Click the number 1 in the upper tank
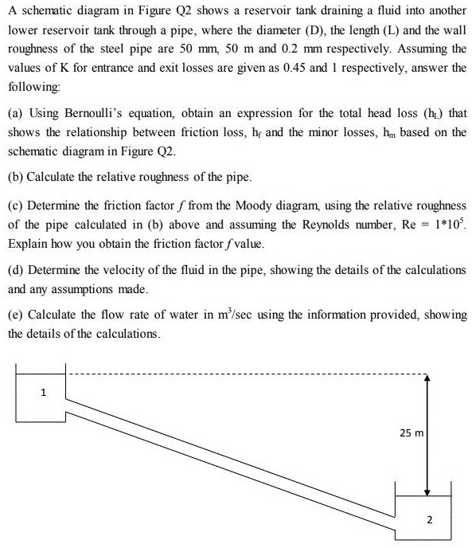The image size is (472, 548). (44, 392)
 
